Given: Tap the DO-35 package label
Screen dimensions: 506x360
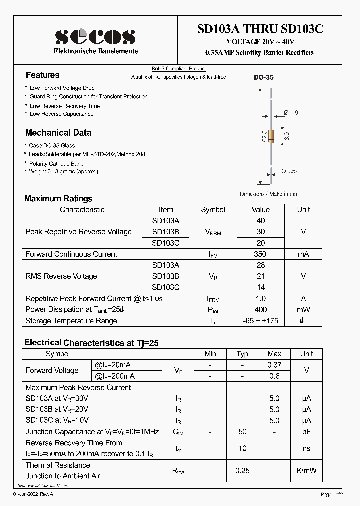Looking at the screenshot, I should (x=263, y=78).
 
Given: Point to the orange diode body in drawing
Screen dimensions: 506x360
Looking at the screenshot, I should (x=272, y=135).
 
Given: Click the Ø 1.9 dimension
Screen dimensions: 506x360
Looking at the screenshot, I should (x=291, y=113).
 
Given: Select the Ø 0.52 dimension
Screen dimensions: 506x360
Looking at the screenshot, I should (x=290, y=171).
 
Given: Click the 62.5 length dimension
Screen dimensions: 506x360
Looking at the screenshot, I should (x=264, y=136).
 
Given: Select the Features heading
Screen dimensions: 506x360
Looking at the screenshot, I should (x=42, y=75).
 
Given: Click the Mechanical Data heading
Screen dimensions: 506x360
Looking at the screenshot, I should (x=58, y=133).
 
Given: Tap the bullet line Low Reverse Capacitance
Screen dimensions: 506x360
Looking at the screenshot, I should (x=61, y=114).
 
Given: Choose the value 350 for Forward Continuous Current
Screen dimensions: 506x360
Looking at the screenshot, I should (x=260, y=254).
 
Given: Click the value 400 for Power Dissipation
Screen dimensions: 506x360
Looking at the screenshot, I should (x=260, y=310).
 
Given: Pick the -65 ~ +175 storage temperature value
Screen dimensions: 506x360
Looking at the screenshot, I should (x=260, y=320).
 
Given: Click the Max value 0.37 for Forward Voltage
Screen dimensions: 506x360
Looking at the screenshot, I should (x=274, y=365).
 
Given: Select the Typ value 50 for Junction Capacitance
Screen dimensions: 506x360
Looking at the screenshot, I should (x=242, y=431).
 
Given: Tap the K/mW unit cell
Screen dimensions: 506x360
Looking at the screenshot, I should (x=306, y=470).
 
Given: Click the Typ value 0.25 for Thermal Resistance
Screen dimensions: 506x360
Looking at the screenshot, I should (x=242, y=470).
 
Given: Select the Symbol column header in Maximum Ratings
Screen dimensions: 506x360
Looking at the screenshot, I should (x=213, y=210).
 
